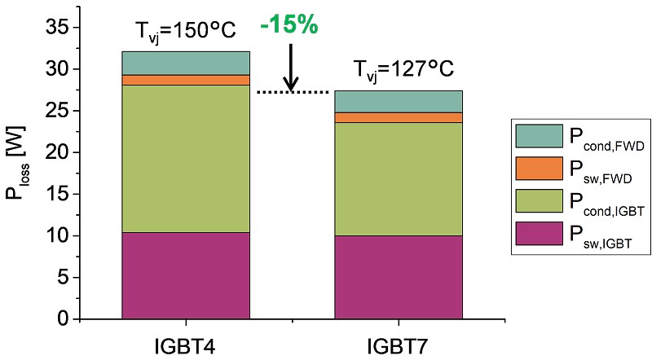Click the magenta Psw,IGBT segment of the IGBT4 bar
click(186, 275)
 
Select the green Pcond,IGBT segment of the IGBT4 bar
click(186, 159)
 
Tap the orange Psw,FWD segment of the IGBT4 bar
click(186, 80)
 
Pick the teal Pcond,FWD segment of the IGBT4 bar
click(186, 63)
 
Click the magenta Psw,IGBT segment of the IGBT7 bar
click(399, 277)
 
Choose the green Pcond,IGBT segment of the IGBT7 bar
click(399, 179)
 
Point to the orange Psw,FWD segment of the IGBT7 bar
click(399, 117)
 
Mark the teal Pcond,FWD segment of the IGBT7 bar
click(399, 101)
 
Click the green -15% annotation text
click(288, 25)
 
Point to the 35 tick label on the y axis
click(61, 28)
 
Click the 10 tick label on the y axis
click(61, 235)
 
